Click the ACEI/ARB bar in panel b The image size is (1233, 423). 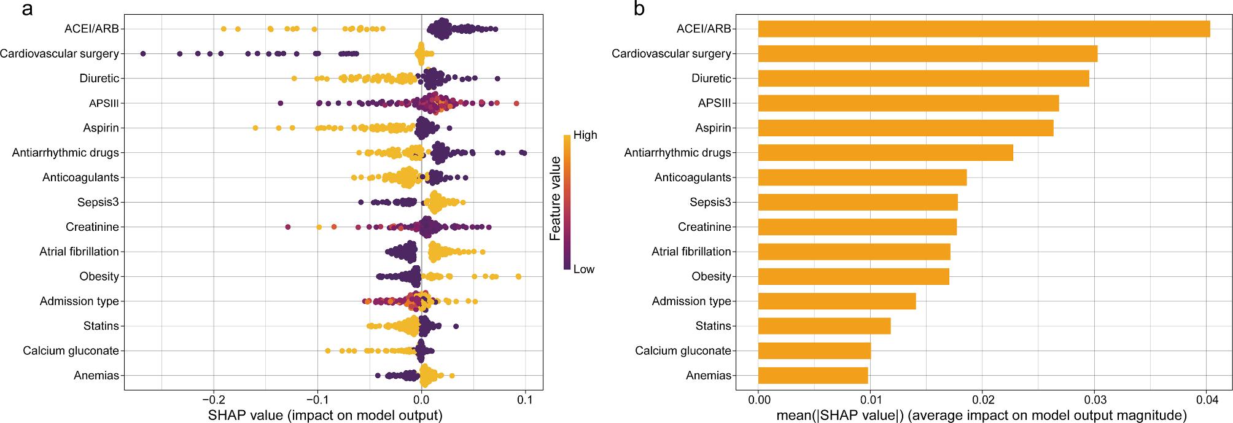point(984,29)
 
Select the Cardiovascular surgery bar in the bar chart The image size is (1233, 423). point(927,53)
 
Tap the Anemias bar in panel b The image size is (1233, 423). point(813,375)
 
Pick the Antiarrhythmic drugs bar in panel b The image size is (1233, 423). point(885,152)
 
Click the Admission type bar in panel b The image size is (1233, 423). point(837,301)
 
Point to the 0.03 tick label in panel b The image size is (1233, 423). point(1095,400)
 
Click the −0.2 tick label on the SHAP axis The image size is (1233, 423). point(212,400)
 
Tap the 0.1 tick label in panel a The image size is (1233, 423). point(525,400)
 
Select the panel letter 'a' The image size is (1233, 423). point(27,9)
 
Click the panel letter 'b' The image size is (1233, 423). point(639,9)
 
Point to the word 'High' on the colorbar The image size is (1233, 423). point(585,135)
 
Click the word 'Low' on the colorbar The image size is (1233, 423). point(583,269)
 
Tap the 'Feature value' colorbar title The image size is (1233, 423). point(555,198)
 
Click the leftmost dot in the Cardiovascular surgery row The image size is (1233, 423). point(143,54)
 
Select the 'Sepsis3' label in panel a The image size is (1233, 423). point(98,202)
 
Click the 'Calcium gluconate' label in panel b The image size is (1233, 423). point(683,351)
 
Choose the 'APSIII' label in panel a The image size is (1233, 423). point(104,103)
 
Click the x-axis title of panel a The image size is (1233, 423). point(325,415)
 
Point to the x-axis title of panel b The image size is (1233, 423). point(981,415)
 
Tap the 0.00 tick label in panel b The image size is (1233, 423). point(759,400)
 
